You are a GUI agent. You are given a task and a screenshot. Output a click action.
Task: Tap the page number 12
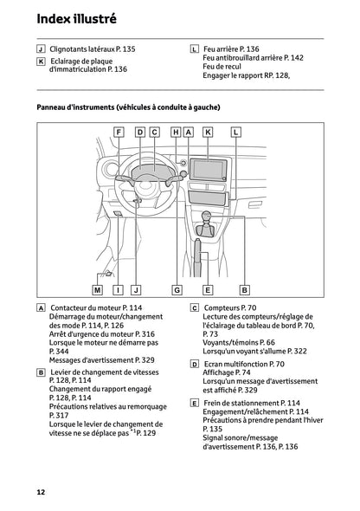point(41,492)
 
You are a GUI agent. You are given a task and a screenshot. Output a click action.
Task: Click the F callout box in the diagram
point(119,133)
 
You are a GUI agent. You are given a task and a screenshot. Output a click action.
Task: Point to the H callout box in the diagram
point(176,133)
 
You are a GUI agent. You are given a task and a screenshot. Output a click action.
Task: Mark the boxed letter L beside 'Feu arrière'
point(194,50)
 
